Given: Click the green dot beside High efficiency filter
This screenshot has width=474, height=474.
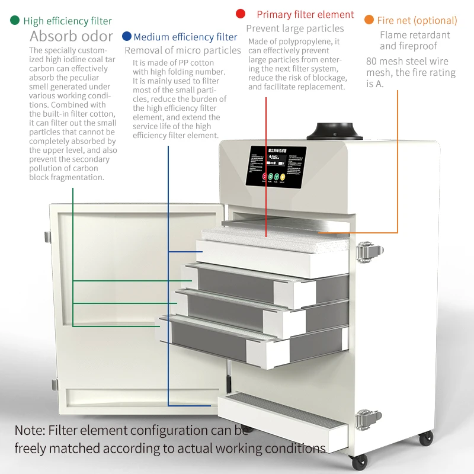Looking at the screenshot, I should pyautogui.click(x=15, y=21).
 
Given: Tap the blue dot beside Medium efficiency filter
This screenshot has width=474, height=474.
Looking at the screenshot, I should pyautogui.click(x=126, y=37).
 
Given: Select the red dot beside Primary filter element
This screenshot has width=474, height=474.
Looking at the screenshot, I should pyautogui.click(x=241, y=14).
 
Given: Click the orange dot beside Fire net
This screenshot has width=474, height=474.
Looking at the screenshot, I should pyautogui.click(x=369, y=20).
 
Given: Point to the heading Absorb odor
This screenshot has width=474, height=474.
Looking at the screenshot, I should pyautogui.click(x=71, y=37).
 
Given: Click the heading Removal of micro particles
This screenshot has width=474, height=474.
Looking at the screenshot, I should pyautogui.click(x=182, y=50).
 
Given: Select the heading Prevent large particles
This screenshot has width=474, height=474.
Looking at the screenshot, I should pyautogui.click(x=294, y=28).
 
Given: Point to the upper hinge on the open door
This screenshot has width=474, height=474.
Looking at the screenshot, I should pyautogui.click(x=47, y=236).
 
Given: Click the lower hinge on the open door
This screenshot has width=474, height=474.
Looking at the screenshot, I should pyautogui.click(x=55, y=385).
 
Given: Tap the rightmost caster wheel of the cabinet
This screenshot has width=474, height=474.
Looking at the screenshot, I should pyautogui.click(x=425, y=439).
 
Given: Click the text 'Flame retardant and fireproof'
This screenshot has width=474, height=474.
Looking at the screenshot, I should pyautogui.click(x=415, y=40).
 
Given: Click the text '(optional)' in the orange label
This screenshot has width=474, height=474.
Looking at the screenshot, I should pyautogui.click(x=435, y=21).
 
